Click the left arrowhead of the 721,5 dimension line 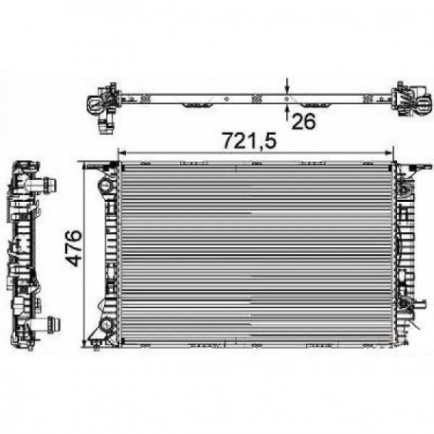[x=119, y=153]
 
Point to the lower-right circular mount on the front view [x=407, y=303]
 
